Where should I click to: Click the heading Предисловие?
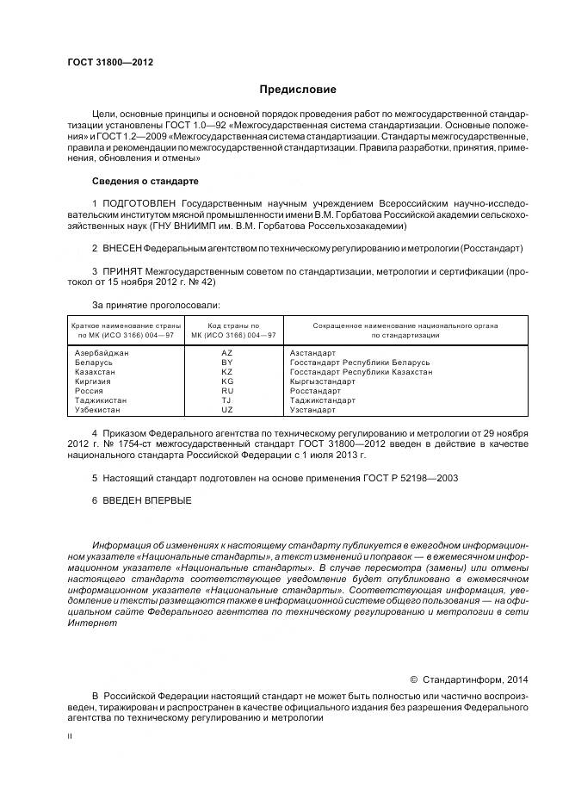pyautogui.click(x=298, y=90)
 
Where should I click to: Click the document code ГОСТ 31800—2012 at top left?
pyautogui.click(x=104, y=62)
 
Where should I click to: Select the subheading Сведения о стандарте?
pyautogui.click(x=145, y=182)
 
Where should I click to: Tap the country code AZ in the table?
pyautogui.click(x=227, y=353)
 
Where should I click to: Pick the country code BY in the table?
pyautogui.click(x=227, y=363)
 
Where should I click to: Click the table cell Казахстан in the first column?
pyautogui.click(x=96, y=372)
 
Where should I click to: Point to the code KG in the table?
pyautogui.click(x=227, y=381)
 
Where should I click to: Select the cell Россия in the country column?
pyautogui.click(x=90, y=391)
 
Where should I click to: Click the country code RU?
pyautogui.click(x=227, y=391)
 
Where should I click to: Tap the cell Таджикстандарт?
pyautogui.click(x=323, y=400)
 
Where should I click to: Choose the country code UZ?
pyautogui.click(x=227, y=410)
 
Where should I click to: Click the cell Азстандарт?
pyautogui.click(x=313, y=353)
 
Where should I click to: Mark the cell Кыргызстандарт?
pyautogui.click(x=323, y=381)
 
